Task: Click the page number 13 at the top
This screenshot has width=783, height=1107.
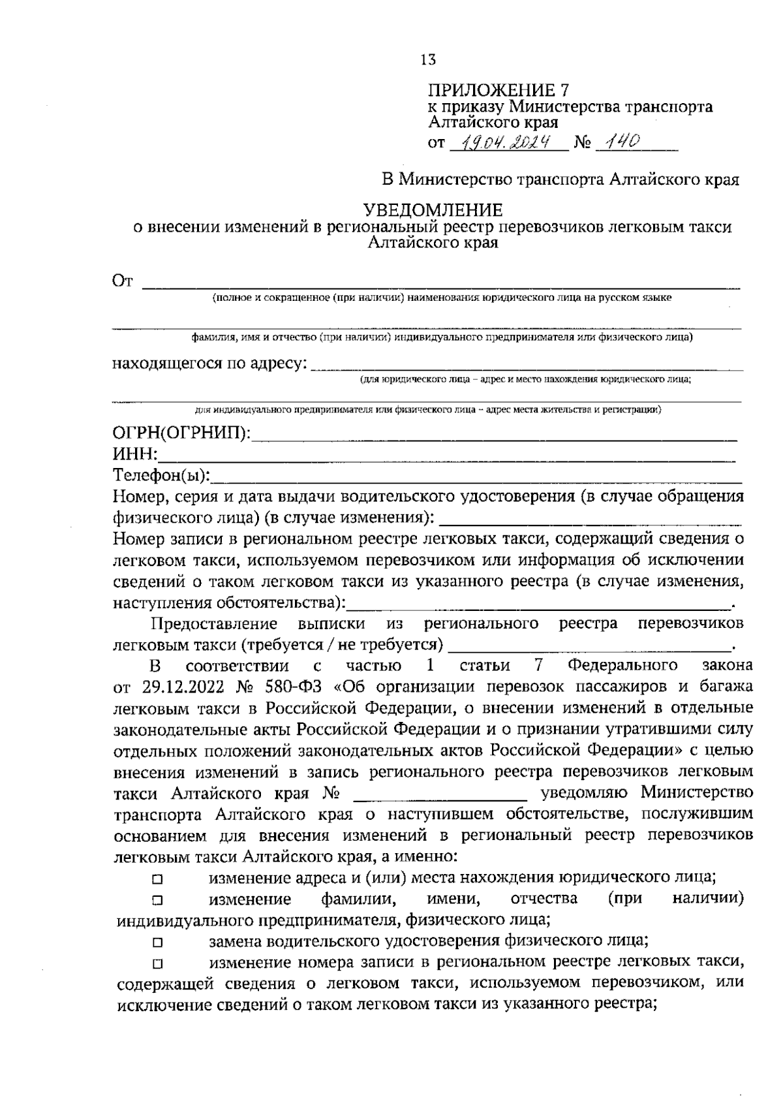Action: [x=428, y=60]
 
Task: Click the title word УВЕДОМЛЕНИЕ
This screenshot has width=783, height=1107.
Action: [x=433, y=210]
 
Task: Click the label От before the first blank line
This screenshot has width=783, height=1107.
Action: [x=123, y=281]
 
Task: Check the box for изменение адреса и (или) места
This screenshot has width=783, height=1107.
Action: [x=157, y=880]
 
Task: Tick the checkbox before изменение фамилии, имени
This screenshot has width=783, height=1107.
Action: [x=157, y=901]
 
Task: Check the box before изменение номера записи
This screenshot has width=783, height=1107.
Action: [x=157, y=963]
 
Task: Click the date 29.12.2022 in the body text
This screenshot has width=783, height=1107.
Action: [x=181, y=687]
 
